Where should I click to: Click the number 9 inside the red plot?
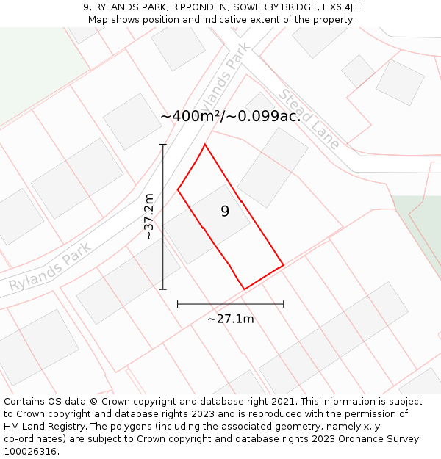pos(225,212)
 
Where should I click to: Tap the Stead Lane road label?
pos(309,119)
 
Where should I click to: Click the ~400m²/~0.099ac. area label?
pos(231,116)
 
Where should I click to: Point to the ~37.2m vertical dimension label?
pos(148,217)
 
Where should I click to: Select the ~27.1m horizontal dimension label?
pos(230,319)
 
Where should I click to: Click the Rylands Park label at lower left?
pos(50,267)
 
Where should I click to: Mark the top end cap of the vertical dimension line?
pos(163,145)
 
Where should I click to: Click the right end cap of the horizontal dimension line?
pos(284,303)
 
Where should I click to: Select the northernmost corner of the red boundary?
pos(204,144)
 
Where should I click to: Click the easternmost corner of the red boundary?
pos(284,264)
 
